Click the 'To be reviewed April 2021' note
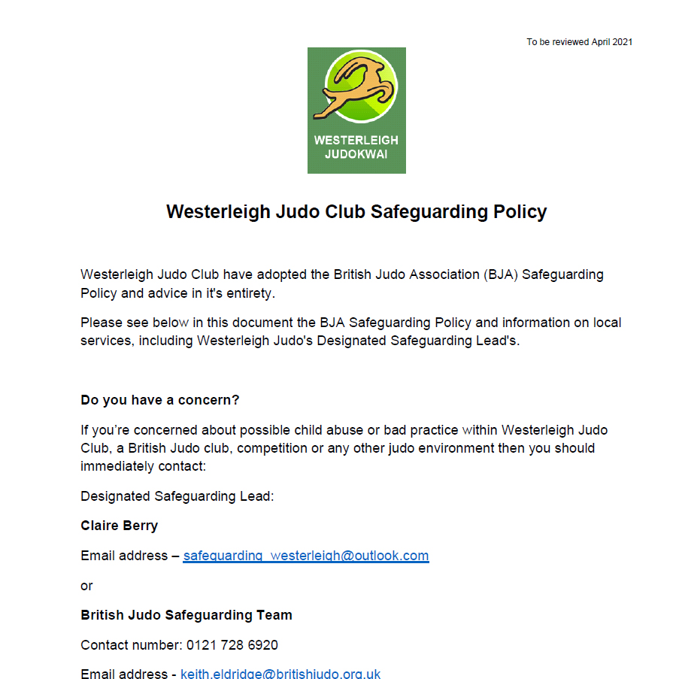pos(579,42)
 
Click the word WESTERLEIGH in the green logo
pos(356,141)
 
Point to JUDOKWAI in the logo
pos(356,155)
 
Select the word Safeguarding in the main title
pos(429,211)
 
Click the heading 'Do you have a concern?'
pos(159,400)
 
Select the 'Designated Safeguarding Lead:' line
pos(177,496)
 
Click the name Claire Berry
pos(120,526)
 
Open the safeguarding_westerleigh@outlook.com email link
pos(306,556)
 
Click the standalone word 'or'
pos(86,585)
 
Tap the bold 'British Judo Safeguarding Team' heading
pos(186,615)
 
